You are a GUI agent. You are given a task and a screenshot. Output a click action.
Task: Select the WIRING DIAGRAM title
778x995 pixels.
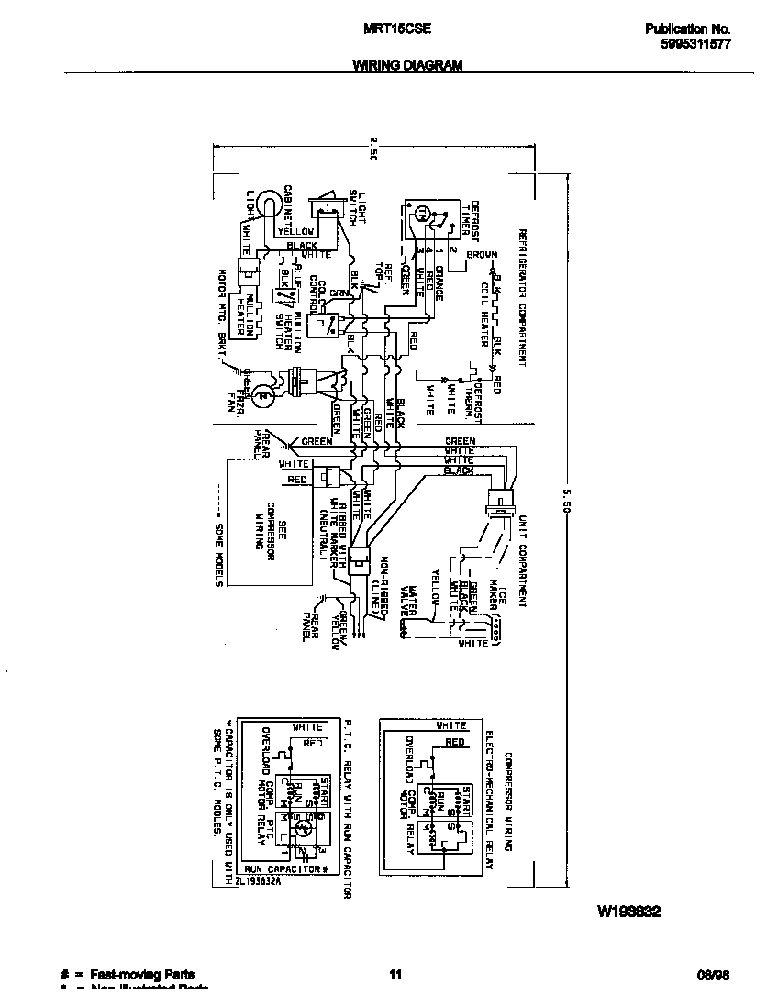point(407,65)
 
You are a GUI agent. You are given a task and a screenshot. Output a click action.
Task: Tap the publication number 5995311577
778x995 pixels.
point(695,43)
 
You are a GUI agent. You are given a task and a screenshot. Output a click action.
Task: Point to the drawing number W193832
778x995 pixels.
point(630,912)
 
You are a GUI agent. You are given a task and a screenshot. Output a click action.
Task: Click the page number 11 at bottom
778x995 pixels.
point(395,974)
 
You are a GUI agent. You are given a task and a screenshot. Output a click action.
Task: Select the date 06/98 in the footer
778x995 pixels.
point(716,974)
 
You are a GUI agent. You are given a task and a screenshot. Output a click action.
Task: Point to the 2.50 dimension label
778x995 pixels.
point(373,147)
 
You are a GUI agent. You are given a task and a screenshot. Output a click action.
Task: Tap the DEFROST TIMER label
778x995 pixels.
point(470,218)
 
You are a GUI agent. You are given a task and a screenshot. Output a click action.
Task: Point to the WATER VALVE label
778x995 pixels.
point(418,602)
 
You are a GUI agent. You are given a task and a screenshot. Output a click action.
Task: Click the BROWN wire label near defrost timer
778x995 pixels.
point(482,255)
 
